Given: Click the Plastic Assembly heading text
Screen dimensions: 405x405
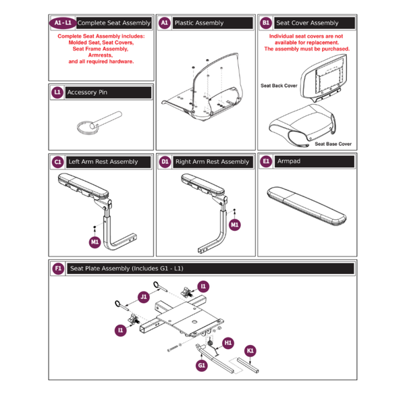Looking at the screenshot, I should coord(198,23).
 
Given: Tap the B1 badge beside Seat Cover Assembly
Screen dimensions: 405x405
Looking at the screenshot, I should coord(265,23).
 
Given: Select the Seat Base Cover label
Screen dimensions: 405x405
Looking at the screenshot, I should coord(333,144).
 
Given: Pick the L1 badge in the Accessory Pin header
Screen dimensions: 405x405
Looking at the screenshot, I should coord(57,92).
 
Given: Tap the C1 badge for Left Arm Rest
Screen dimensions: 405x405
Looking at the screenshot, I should coord(57,162).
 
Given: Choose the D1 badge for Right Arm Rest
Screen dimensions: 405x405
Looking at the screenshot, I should coord(165,162).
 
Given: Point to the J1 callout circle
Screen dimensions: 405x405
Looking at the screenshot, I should coord(144,296).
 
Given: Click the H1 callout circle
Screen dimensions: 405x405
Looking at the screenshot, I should coord(227,343).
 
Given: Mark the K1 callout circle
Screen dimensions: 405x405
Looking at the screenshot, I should coord(250,351).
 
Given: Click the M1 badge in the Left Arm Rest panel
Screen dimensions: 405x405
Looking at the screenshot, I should coord(94,241).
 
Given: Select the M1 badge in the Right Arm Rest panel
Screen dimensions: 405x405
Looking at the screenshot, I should coord(234,224).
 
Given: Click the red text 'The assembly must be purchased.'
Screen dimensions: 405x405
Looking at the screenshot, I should coord(306,49).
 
